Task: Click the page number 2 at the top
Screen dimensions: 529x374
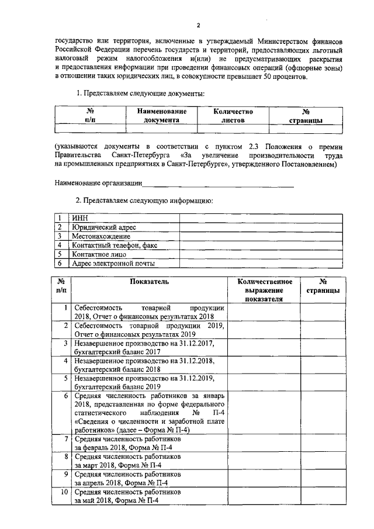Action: tap(198, 26)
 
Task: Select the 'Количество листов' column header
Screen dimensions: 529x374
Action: tap(233, 115)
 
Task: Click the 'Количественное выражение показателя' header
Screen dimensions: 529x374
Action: tap(264, 290)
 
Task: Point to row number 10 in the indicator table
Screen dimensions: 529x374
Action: tap(63, 492)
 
